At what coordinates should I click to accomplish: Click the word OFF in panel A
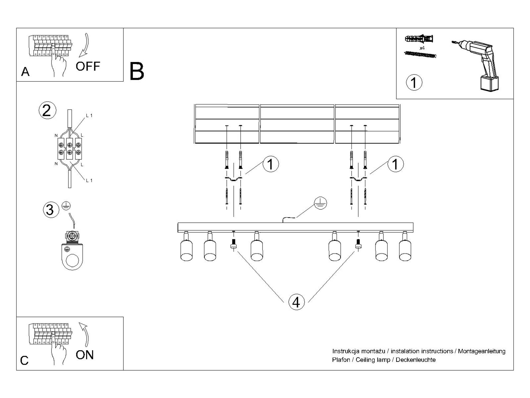tap(88, 66)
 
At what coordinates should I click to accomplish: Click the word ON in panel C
tap(85, 355)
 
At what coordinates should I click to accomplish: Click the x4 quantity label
tap(422, 48)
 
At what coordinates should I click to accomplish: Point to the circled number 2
tap(47, 110)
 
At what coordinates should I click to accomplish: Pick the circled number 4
tap(296, 302)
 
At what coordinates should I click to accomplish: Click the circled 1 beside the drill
tap(414, 82)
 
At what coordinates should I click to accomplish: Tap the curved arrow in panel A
tap(85, 46)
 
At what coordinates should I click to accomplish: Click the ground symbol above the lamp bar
tap(320, 203)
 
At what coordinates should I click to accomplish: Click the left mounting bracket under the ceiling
tap(233, 179)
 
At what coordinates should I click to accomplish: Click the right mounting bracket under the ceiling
tap(358, 179)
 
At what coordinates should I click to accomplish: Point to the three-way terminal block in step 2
tap(70, 149)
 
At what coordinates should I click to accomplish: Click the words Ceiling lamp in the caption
tap(373, 360)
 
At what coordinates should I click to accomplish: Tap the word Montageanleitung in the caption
tap(482, 351)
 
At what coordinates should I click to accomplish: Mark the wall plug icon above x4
tap(419, 39)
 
